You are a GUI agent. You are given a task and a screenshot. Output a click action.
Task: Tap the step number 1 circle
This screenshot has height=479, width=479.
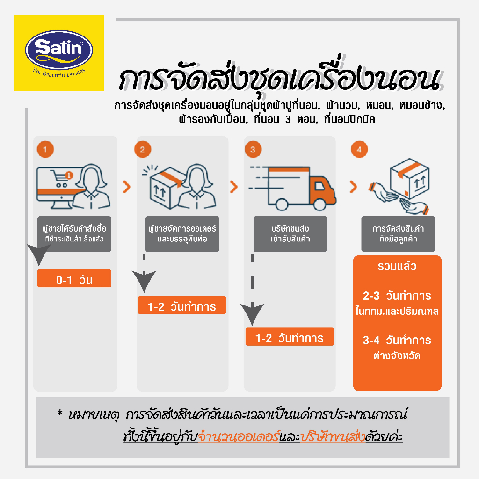45,150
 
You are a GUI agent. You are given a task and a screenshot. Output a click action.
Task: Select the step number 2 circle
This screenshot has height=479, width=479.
143,150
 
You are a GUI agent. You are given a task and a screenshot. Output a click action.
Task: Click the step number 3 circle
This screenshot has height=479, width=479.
253,150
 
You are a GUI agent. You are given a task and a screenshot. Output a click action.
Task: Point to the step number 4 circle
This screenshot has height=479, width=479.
359,150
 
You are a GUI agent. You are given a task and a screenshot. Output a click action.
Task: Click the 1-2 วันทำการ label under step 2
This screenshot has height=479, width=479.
181,306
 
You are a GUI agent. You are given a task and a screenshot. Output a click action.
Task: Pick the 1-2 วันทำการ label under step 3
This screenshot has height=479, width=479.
289,337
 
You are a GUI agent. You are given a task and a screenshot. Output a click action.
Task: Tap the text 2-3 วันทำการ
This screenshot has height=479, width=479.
397,296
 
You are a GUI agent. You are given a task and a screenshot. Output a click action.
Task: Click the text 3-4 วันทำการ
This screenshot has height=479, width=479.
397,340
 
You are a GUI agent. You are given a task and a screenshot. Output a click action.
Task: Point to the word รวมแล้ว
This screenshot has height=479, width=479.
397,267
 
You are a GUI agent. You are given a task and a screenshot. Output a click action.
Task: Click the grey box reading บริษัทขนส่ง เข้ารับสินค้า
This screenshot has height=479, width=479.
290,234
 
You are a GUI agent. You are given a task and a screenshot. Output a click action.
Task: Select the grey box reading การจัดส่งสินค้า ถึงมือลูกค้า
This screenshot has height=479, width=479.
398,234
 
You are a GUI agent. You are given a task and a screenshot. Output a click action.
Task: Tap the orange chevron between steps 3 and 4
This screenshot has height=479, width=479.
353,188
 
